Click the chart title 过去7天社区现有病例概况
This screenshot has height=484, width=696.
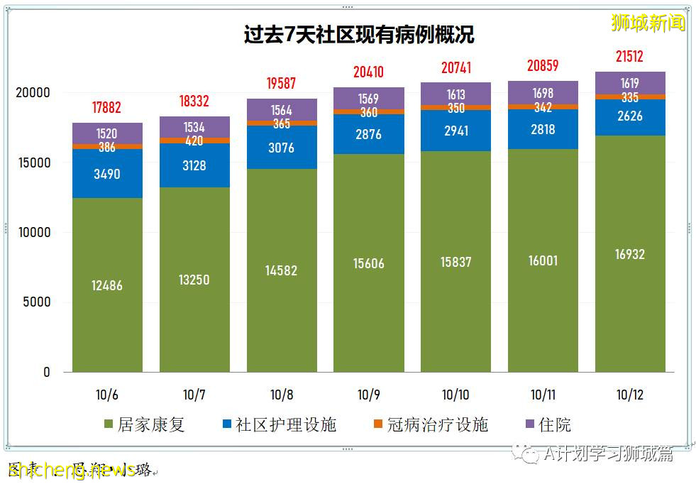[x=359, y=35]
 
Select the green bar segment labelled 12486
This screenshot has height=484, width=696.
[x=107, y=285]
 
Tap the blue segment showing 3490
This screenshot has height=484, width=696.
[x=107, y=173]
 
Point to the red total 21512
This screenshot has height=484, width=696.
[x=630, y=56]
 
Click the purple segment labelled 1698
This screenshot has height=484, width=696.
[x=543, y=93]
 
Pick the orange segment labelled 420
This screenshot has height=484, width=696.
[x=194, y=141]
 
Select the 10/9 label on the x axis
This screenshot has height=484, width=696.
[x=368, y=395]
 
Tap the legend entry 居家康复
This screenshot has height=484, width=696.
[x=145, y=424]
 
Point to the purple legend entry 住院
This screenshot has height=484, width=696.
[x=547, y=424]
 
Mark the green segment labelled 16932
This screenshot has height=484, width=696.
[x=630, y=254]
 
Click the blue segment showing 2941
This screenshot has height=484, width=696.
[x=455, y=130]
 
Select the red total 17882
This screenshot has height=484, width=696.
[x=107, y=108]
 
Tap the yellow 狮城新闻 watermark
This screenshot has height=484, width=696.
[x=648, y=23]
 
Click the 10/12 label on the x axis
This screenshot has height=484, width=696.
[x=630, y=395]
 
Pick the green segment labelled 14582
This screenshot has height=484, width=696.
[x=282, y=270]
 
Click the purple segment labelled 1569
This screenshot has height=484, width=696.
[x=368, y=99]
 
